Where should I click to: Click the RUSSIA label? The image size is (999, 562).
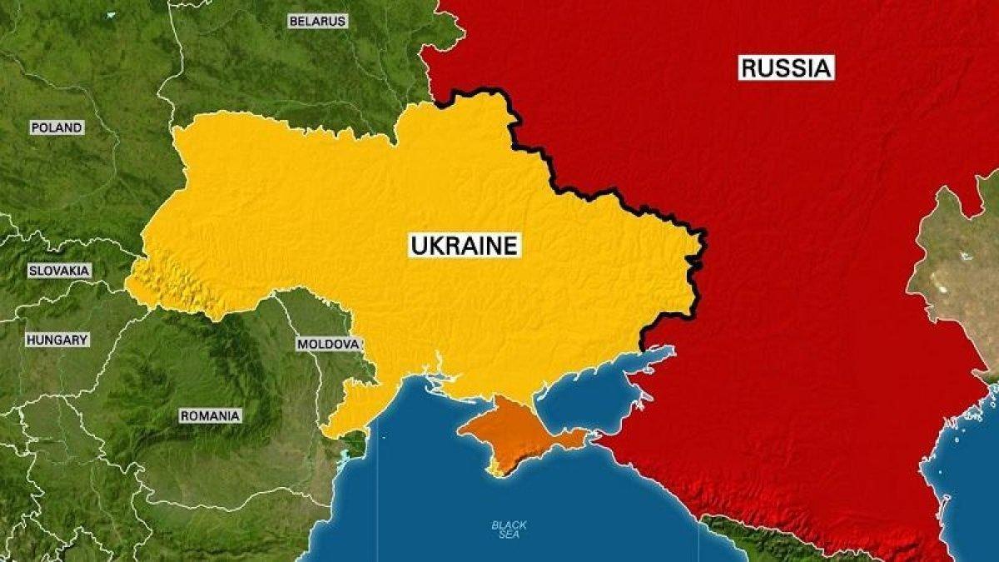(786, 67)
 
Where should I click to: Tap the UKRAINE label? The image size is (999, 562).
(465, 245)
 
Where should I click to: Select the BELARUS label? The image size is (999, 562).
(317, 22)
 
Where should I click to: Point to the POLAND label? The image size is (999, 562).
(57, 127)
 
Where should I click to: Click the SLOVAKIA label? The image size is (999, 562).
(59, 271)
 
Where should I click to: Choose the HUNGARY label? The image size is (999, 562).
(57, 340)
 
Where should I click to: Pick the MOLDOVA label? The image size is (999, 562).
(329, 344)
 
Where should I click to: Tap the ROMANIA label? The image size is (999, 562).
(210, 415)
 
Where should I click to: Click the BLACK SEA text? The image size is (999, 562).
(509, 530)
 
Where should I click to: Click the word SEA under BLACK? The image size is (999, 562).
(509, 536)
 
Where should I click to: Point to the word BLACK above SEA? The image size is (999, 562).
(509, 525)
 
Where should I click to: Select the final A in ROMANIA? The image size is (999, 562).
(236, 415)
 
